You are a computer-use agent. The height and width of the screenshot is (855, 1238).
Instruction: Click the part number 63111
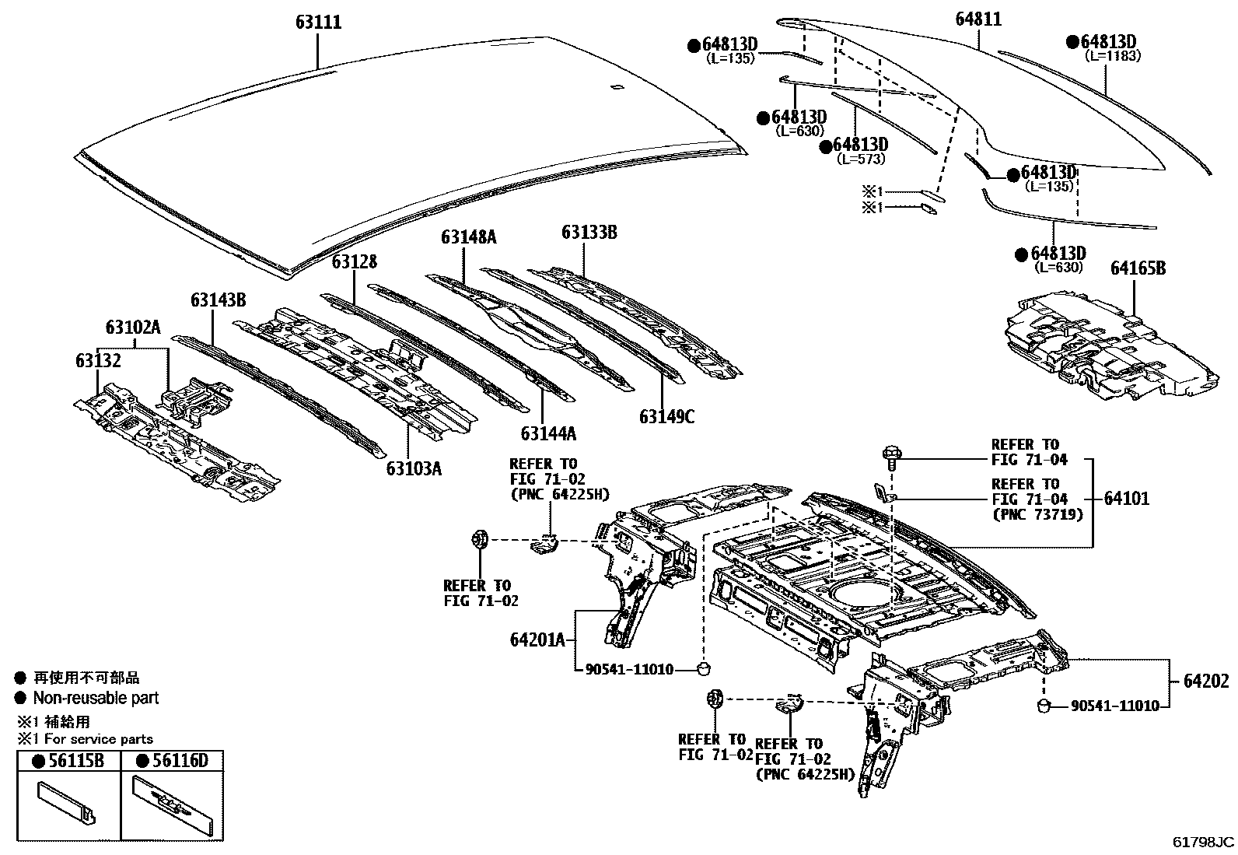point(318,23)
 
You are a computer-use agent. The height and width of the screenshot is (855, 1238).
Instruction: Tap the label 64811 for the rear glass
point(978,19)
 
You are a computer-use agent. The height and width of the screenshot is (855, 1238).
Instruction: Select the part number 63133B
point(589,232)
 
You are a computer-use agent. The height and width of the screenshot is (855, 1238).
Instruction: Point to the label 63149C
point(667,417)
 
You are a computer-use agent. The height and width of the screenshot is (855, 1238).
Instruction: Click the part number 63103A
point(414,468)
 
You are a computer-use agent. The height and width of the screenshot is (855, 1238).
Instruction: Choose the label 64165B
point(1138,268)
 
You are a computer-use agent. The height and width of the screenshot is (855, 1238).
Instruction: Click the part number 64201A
point(537,639)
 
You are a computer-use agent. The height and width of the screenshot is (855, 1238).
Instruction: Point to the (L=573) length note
point(860,159)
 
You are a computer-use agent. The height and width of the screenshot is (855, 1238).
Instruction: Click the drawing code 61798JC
point(1203,842)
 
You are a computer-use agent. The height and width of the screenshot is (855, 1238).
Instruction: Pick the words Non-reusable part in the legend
point(96,698)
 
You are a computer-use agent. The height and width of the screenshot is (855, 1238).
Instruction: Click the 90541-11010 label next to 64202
point(1114,706)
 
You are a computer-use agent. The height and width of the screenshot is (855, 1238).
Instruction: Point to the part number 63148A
point(468,237)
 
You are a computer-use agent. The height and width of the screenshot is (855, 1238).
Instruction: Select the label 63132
point(98,361)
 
